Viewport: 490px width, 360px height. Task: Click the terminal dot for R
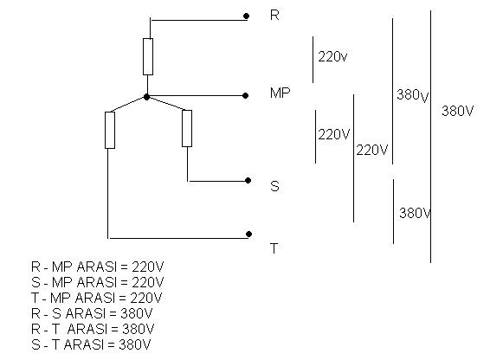[x=246, y=16]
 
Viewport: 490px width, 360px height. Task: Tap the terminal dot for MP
[x=245, y=95]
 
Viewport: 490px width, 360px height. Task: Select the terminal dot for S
[x=248, y=180]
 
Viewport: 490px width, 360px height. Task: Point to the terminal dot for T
[x=248, y=234]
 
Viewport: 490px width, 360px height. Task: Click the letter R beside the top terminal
[x=274, y=15]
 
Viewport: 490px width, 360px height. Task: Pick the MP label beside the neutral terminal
[x=280, y=93]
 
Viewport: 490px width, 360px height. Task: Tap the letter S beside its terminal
[x=274, y=186]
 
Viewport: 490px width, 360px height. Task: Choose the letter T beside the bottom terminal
[x=274, y=248]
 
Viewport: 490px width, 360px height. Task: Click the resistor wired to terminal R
[x=148, y=56]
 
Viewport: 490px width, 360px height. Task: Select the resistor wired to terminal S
[x=187, y=128]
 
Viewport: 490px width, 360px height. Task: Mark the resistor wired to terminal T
[x=110, y=130]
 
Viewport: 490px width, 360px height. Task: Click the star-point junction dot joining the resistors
[x=146, y=97]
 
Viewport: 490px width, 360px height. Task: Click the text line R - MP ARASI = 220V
[x=97, y=267]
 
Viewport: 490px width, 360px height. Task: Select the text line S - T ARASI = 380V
[x=91, y=344]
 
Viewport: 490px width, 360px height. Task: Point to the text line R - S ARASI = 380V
[x=92, y=313]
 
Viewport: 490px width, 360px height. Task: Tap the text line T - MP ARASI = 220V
[x=97, y=298]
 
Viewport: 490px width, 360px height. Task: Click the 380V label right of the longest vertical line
[x=457, y=111]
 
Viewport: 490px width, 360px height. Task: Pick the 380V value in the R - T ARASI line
[x=139, y=329]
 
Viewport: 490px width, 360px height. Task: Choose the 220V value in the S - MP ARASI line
[x=147, y=282]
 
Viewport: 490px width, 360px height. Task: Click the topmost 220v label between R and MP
[x=332, y=56]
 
